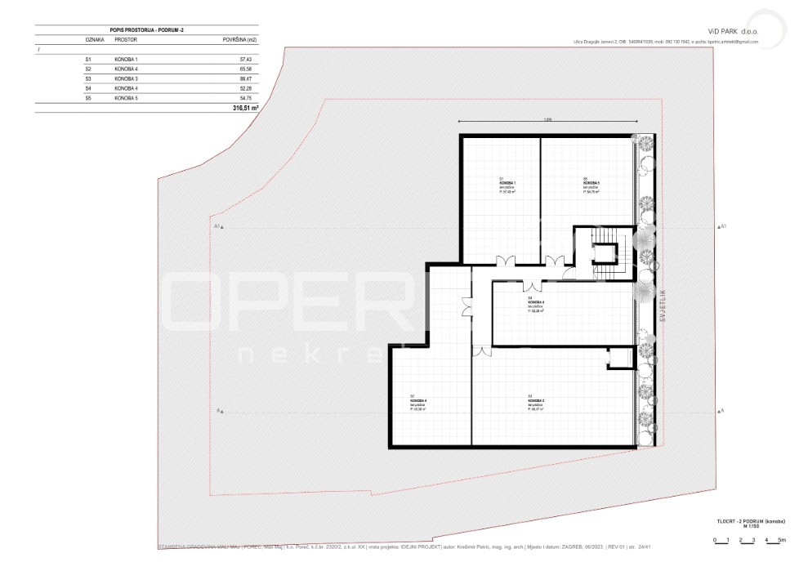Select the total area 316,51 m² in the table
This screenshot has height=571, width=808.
point(245,107)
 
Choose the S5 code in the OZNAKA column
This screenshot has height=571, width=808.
point(88,97)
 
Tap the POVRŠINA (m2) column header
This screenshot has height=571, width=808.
point(240,38)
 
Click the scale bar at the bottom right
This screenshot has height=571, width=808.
point(748,540)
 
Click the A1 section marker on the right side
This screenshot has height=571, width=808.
point(721,225)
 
